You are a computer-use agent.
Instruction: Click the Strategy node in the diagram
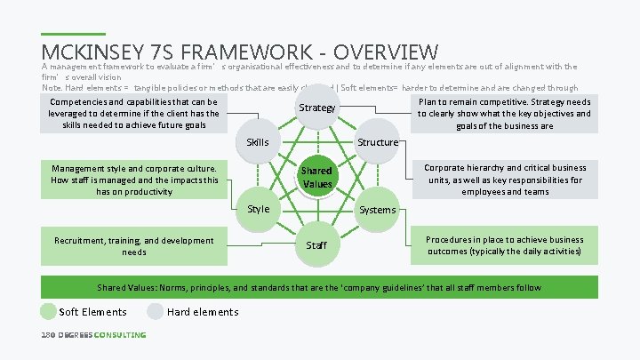click(x=317, y=108)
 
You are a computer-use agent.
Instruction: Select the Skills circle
click(x=258, y=142)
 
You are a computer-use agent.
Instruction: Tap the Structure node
click(x=377, y=142)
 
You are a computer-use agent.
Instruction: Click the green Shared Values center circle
click(x=316, y=176)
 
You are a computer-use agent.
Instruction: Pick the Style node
click(x=258, y=209)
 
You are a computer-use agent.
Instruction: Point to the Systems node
click(x=377, y=210)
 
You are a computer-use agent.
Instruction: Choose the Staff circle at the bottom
click(x=316, y=244)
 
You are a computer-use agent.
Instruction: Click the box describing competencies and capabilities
click(x=133, y=114)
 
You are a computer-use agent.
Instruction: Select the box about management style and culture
click(x=133, y=179)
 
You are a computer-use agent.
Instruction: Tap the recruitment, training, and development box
click(x=133, y=246)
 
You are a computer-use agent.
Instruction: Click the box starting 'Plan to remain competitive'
click(x=504, y=114)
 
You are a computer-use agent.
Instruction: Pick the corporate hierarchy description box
click(x=504, y=180)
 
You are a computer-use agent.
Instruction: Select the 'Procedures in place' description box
click(x=504, y=246)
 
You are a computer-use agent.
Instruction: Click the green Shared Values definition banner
click(x=319, y=288)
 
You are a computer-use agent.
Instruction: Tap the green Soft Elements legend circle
click(x=48, y=311)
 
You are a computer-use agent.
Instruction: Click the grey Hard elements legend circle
click(x=156, y=311)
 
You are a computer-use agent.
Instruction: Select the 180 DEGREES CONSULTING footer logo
click(x=93, y=335)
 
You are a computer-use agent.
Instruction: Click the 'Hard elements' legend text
click(x=203, y=312)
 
